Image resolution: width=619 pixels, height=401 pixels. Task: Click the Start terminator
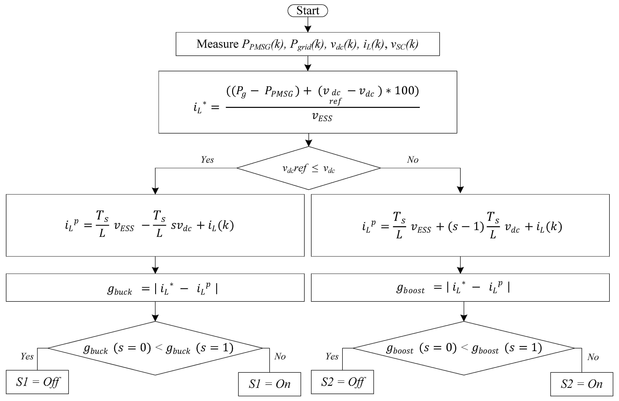[x=308, y=11]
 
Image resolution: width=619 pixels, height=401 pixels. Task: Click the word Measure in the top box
[x=217, y=44]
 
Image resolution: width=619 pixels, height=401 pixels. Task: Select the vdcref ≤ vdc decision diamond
[x=308, y=168]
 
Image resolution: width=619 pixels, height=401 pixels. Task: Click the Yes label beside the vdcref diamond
[x=207, y=160]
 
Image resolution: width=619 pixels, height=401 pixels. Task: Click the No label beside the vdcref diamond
[x=413, y=160]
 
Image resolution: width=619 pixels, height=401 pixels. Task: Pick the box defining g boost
[x=460, y=288]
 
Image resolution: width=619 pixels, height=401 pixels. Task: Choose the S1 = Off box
[x=37, y=382]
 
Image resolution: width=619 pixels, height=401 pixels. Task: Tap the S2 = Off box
[x=342, y=382]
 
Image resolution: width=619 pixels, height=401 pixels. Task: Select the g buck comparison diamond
[x=155, y=348]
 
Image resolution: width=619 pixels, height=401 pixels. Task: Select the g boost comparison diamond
[x=464, y=348]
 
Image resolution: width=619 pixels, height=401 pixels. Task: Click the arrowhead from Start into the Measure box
[x=308, y=29]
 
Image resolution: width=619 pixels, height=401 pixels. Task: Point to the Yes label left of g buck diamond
[x=27, y=356]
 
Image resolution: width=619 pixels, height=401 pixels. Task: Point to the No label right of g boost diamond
[x=593, y=357]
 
